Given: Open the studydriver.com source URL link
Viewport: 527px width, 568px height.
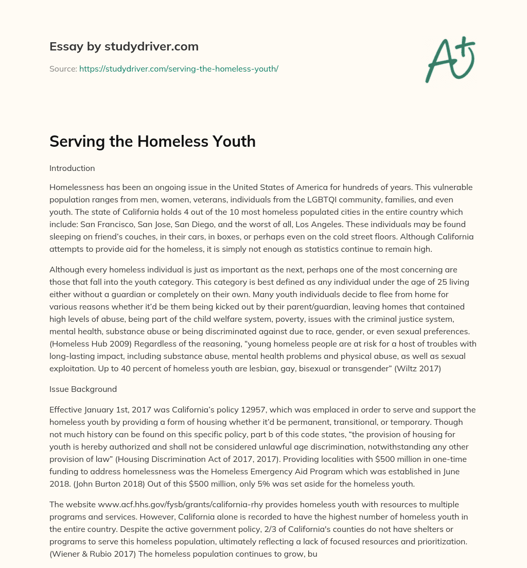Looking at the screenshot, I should [179, 68].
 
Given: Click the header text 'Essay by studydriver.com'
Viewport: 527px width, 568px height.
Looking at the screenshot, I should [124, 46].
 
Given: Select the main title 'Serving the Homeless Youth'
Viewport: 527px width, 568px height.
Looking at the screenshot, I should [152, 141].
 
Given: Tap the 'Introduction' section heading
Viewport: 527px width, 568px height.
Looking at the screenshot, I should [72, 168].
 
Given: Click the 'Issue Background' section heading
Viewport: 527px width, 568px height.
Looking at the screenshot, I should [83, 389].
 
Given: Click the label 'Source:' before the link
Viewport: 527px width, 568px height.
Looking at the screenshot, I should [63, 68].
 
